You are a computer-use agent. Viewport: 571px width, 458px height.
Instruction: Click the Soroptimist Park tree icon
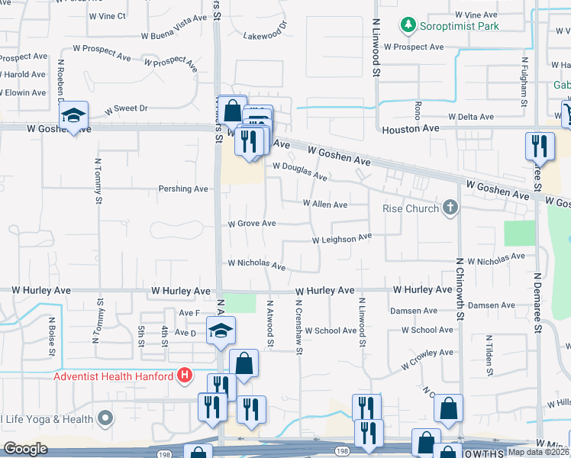click(408, 26)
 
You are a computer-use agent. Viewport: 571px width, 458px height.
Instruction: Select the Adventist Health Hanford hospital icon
click(183, 375)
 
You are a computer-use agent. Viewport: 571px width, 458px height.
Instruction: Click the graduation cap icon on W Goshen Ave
click(74, 116)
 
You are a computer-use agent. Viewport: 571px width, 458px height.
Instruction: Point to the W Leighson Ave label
click(341, 239)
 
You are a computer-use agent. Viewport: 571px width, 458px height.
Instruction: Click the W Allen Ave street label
click(325, 205)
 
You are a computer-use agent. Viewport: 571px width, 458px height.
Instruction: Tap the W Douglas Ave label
click(299, 171)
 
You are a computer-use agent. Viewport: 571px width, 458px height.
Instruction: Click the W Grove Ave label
click(251, 224)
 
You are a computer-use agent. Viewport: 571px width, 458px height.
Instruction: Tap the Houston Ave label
click(411, 129)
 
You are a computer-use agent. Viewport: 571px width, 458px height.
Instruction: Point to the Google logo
click(25, 449)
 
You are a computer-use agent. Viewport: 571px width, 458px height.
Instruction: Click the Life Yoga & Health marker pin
click(105, 418)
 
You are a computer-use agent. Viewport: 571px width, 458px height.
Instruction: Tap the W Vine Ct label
click(106, 15)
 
